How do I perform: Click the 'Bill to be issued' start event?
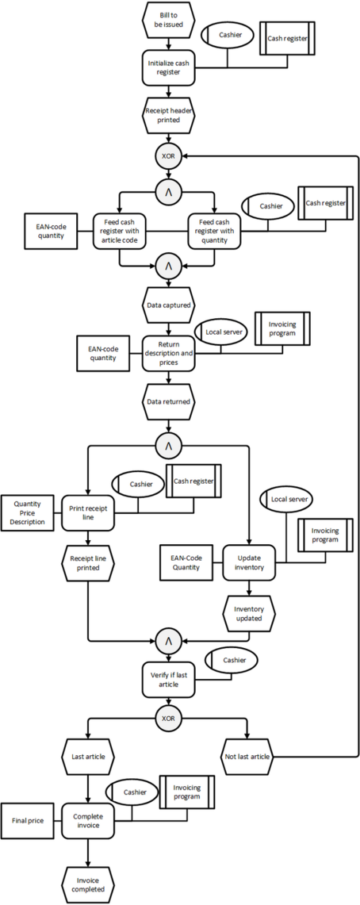[168, 20]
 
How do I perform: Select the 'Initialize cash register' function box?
[168, 67]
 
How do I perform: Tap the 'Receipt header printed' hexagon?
[168, 115]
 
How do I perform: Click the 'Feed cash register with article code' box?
[120, 231]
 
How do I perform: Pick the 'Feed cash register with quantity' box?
[215, 231]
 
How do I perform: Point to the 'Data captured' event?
[168, 303]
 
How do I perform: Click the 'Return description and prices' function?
[168, 353]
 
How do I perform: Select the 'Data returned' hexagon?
[168, 401]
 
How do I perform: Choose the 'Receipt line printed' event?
[88, 562]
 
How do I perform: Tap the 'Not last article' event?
[249, 756]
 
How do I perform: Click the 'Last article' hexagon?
[88, 756]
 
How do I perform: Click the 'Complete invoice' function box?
[88, 820]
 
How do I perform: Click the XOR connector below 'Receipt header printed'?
[168, 155]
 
